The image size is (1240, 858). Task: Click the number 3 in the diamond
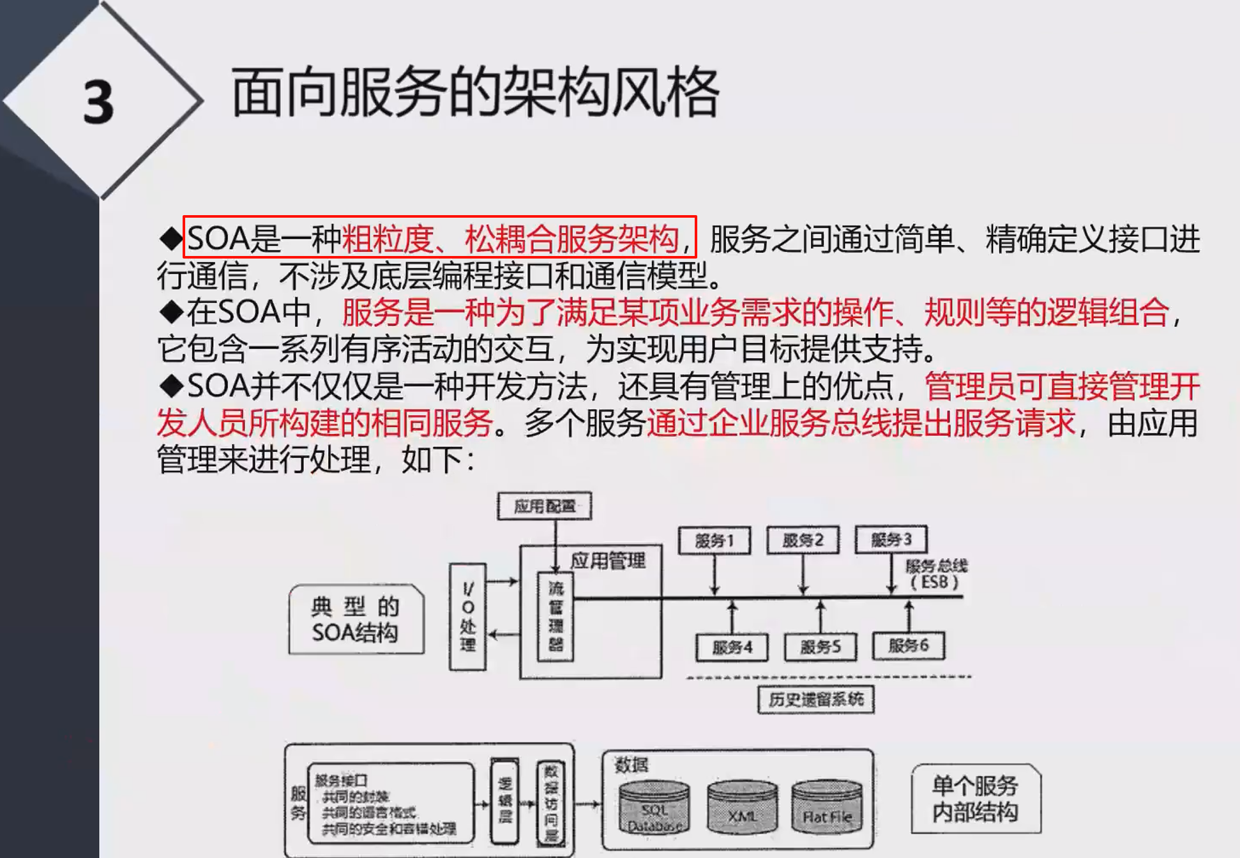point(98,102)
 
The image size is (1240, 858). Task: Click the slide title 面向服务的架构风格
point(475,93)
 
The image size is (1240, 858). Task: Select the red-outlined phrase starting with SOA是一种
point(439,237)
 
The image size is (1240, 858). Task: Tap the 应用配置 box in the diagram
point(545,506)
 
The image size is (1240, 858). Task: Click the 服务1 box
point(714,541)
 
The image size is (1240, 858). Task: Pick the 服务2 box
point(803,540)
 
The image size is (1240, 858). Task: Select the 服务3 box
point(891,539)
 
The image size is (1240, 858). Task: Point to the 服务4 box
point(732,647)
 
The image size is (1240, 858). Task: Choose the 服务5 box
point(820,647)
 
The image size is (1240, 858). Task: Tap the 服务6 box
point(908,646)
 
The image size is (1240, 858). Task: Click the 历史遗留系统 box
point(815,700)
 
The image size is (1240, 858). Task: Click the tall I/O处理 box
point(468,617)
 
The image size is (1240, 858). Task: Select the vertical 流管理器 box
point(556,616)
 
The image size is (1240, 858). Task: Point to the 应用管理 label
point(607,561)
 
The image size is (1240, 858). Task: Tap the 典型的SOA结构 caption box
point(356,619)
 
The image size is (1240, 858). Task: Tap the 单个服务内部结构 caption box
point(975,799)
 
